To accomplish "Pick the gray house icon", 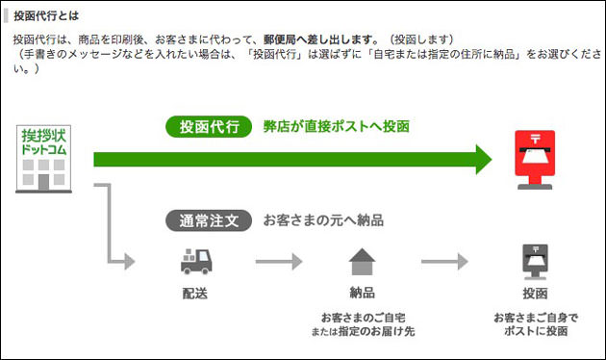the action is click(x=362, y=262).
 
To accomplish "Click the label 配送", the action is click(x=194, y=293).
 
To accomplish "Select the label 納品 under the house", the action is click(x=362, y=293).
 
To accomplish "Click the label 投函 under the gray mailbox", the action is click(x=534, y=293).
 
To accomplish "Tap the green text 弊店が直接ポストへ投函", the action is click(x=336, y=127).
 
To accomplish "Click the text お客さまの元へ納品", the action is click(x=323, y=219).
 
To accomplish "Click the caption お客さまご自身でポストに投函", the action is click(x=535, y=323).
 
